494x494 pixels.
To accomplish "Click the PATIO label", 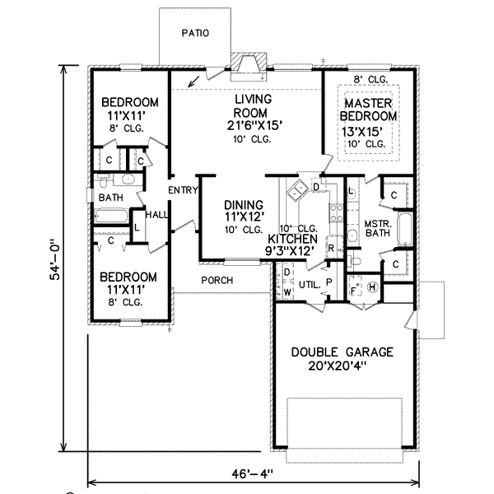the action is (195, 33).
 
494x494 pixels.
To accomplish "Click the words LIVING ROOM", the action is (253, 106).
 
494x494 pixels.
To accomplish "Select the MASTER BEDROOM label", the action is (368, 110).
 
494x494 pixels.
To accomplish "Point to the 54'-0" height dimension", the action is (55, 260).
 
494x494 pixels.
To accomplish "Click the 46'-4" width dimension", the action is (253, 473).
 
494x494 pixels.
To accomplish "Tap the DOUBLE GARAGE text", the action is (343, 352).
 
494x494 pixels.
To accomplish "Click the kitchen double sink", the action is (297, 190).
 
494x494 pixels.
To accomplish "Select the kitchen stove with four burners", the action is (336, 213).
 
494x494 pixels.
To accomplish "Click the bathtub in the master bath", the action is (405, 229).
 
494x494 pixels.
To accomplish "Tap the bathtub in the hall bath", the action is (111, 216).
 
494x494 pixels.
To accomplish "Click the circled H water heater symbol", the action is (372, 287).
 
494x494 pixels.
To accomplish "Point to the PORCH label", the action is (217, 280).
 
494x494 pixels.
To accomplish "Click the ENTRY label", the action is (183, 190).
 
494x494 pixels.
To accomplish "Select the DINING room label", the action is (244, 205).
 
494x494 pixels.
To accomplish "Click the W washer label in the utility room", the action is (287, 292).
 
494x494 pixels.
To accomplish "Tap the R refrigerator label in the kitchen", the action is (331, 249).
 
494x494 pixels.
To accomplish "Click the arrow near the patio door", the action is (193, 82).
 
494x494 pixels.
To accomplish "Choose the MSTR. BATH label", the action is (378, 228).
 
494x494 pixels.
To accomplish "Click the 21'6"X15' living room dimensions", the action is (254, 126).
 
